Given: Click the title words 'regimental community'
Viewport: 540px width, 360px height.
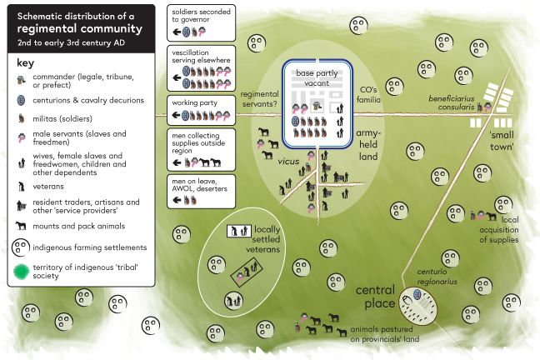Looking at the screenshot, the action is point(79,28).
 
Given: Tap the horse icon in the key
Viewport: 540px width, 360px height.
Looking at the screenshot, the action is point(21,226).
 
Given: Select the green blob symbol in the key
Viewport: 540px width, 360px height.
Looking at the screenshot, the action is point(22,272).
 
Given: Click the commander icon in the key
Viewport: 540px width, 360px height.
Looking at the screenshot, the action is point(22,80).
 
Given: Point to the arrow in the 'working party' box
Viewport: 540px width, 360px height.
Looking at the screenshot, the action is point(177,115).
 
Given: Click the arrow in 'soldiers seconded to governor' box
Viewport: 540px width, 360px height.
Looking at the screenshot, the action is point(177,32).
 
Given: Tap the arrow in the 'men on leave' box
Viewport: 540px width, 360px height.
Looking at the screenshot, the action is point(177,200).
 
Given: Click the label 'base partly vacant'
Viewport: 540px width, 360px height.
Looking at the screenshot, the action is point(317,77).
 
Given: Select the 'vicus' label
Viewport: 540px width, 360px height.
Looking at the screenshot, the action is point(288,161).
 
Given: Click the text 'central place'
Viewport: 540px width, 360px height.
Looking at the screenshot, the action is point(375,297).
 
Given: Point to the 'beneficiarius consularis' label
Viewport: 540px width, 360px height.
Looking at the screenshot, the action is point(452,102).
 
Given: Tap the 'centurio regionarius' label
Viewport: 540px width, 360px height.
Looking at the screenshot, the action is point(437,277).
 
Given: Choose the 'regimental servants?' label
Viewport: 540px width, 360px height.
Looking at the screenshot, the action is point(260,99).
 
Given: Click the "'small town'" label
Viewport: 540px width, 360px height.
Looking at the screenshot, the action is point(502,141).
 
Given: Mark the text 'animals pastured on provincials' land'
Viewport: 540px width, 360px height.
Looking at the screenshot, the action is point(385,334).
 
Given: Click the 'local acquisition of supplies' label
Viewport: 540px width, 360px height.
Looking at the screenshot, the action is point(499,229).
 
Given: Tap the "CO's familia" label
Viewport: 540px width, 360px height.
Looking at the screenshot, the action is point(368,95).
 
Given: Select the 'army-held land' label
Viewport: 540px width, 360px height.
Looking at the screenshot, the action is point(368,145).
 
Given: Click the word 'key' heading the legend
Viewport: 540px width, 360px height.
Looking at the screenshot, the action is point(26,63).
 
